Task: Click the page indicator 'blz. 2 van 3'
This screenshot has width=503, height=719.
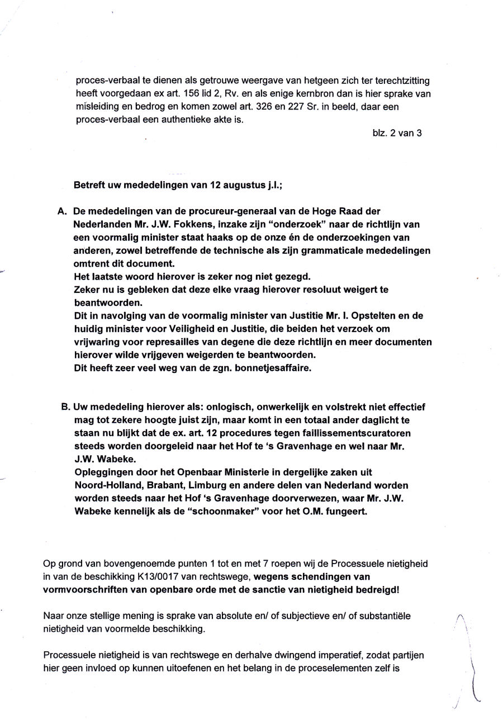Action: click(x=397, y=134)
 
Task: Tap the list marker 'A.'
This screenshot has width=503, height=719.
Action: click(x=63, y=212)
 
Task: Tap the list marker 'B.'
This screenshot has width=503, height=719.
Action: click(x=65, y=407)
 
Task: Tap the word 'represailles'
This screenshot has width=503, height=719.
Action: click(x=165, y=342)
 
